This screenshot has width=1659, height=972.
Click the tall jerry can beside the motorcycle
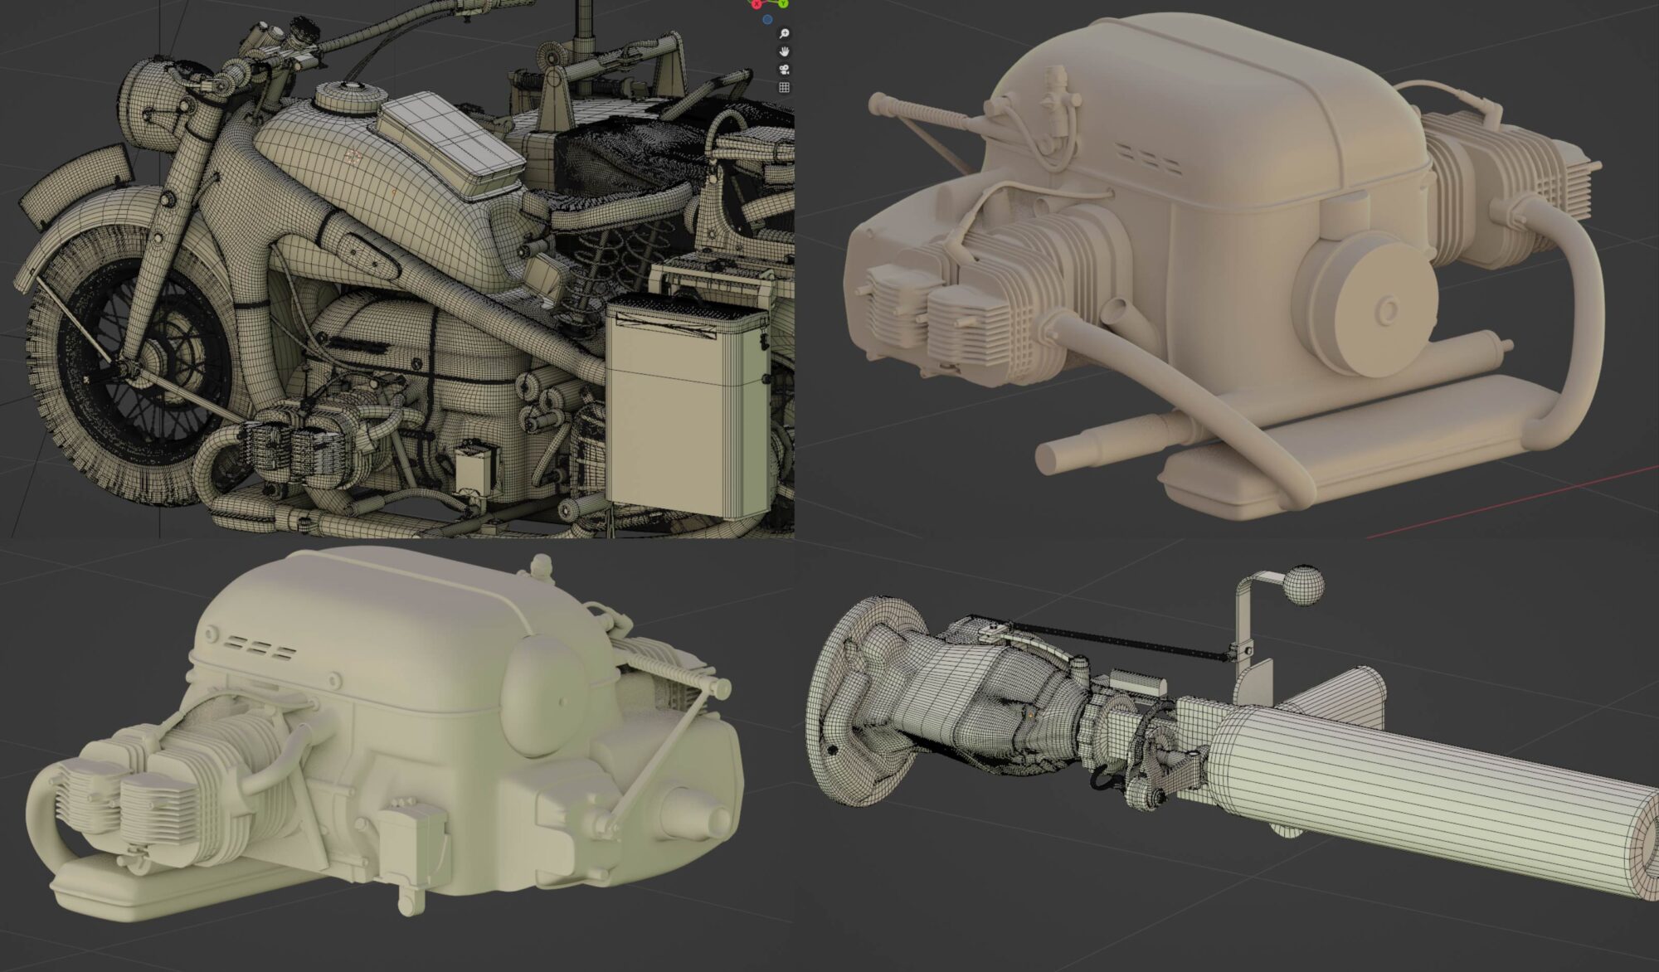click(687, 406)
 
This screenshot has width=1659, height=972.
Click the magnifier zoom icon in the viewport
click(784, 33)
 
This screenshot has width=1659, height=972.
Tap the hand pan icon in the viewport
click(784, 51)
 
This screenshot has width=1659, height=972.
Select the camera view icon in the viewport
click(784, 70)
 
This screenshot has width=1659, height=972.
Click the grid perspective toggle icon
click(784, 87)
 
